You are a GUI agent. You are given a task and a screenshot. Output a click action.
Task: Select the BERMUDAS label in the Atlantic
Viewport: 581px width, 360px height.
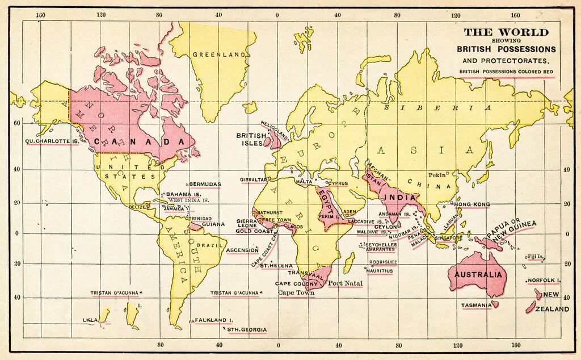(x=204, y=185)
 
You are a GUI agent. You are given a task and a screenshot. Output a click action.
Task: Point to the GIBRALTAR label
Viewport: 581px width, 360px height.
(x=253, y=179)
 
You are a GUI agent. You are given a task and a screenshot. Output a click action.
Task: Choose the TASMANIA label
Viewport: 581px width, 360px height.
(x=476, y=305)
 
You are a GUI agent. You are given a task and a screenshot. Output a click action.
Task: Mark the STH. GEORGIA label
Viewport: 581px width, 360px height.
(x=247, y=329)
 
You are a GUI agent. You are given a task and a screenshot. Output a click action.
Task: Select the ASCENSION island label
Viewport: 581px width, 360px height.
(x=242, y=250)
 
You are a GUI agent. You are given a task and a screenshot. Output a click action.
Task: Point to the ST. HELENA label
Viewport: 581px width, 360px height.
(x=276, y=266)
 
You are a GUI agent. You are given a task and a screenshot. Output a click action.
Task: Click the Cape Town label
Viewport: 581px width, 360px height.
(x=296, y=293)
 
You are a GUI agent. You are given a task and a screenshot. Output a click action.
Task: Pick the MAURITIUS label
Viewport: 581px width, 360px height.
(x=380, y=271)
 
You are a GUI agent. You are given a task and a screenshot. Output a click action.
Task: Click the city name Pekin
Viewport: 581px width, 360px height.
(x=437, y=175)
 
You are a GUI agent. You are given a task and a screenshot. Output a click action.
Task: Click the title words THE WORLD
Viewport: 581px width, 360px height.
(x=507, y=32)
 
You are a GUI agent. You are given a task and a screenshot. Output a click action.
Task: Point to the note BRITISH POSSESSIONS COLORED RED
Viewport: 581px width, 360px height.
(x=507, y=72)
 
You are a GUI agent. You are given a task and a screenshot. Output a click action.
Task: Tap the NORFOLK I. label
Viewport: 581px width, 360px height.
(x=543, y=281)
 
